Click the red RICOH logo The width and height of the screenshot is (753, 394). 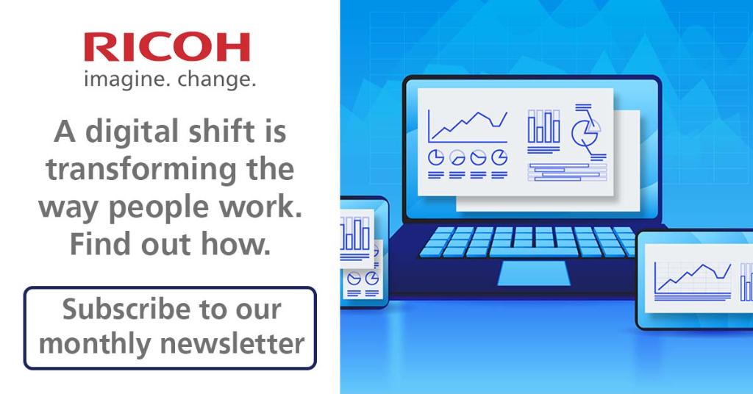pyautogui.click(x=166, y=47)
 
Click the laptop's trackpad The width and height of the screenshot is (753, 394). pyautogui.click(x=534, y=273)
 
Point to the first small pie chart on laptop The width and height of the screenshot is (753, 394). pyautogui.click(x=435, y=157)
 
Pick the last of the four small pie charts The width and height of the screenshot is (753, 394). pyautogui.click(x=499, y=157)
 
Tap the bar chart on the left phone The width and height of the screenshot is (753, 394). pyautogui.click(x=357, y=233)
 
